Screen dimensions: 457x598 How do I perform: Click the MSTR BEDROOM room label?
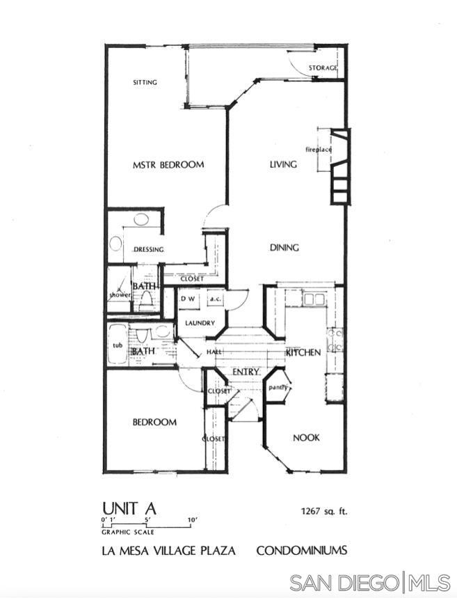point(168,165)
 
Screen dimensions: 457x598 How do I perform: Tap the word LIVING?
point(283,164)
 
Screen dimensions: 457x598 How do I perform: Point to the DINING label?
point(284,248)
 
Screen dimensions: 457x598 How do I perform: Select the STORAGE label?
point(323,68)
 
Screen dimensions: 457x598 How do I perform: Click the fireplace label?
point(319,150)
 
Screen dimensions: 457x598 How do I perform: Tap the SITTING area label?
point(145,82)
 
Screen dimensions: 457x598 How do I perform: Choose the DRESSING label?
point(149,249)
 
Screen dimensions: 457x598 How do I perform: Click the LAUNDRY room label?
point(200,323)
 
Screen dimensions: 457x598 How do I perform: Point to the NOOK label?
point(306,437)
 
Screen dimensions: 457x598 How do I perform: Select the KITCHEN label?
point(303,352)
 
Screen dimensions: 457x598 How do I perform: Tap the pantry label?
point(278,388)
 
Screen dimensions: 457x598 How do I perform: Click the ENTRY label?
point(246,372)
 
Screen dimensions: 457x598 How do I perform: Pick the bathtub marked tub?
point(118,345)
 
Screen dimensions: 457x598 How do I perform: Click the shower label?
point(120,294)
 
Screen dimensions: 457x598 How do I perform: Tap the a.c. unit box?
point(216,299)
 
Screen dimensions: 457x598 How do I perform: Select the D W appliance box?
point(188,299)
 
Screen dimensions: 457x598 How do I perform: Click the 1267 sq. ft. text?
point(324,512)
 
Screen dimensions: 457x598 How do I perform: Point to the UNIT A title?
point(129,508)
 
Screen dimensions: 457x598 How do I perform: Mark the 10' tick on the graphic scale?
point(190,524)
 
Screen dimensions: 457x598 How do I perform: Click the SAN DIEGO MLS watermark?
point(370,583)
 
